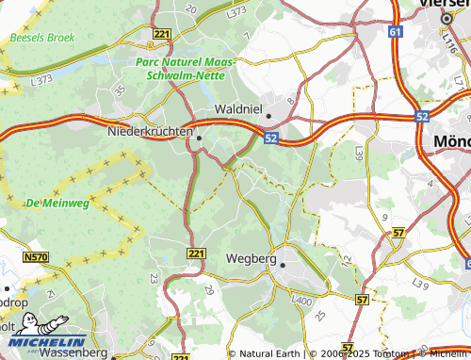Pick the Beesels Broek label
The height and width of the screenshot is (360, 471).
pos(42,38)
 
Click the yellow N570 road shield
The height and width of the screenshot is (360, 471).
pos(36,256)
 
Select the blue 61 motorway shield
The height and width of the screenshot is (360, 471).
pos(393,31)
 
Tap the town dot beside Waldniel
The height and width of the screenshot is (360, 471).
pos(268,117)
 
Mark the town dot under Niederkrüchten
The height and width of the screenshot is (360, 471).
pos(198,138)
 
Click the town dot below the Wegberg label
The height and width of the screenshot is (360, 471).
pos(281,266)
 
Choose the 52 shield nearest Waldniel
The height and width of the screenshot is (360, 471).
pos(271,139)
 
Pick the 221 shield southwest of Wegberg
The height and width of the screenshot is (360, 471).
pos(196,254)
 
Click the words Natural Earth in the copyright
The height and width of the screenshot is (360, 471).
pos(268,353)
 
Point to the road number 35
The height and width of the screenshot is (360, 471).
pos(119,91)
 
